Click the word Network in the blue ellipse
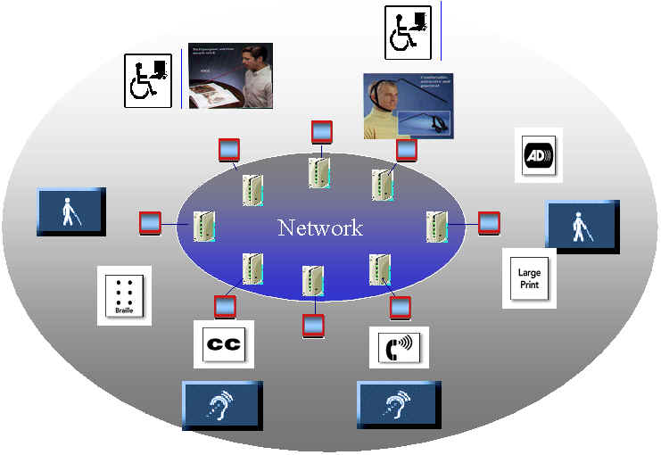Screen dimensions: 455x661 click(x=320, y=227)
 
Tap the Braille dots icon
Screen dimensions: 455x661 click(x=124, y=295)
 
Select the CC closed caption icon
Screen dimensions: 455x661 click(x=224, y=344)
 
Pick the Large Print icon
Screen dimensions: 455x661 click(x=529, y=278)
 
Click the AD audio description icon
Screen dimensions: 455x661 click(x=539, y=155)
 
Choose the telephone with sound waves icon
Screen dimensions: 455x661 click(x=399, y=347)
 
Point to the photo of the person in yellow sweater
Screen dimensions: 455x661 click(x=407, y=105)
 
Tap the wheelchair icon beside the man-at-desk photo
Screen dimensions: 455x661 click(x=147, y=80)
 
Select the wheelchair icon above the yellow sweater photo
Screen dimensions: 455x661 click(x=408, y=33)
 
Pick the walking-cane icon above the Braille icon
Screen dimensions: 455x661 click(x=70, y=211)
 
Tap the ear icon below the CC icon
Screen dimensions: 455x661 click(x=222, y=405)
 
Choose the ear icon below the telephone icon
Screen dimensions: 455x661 click(x=396, y=405)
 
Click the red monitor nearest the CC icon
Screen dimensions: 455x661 click(x=225, y=307)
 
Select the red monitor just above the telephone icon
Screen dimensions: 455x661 click(x=401, y=308)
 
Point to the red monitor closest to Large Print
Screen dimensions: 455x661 click(x=489, y=223)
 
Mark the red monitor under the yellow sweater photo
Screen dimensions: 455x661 click(x=406, y=150)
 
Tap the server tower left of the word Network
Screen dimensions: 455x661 click(x=204, y=228)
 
